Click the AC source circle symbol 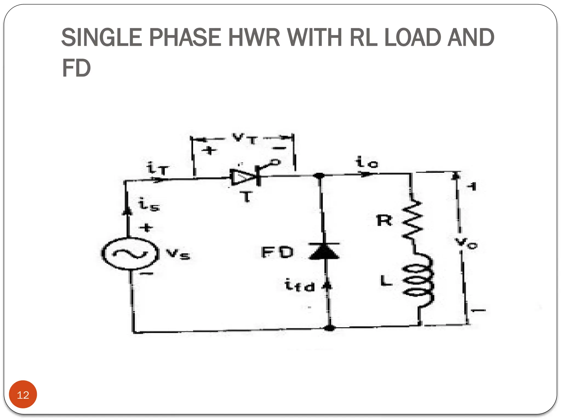(x=130, y=253)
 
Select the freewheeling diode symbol (x=324, y=251)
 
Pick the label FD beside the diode (x=277, y=252)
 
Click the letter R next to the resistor (x=384, y=220)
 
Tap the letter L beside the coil (x=386, y=281)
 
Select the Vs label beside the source (x=178, y=254)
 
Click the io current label (x=366, y=162)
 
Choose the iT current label (x=158, y=168)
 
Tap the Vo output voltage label (x=466, y=243)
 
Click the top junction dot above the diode (x=319, y=176)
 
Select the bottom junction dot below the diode (x=330, y=328)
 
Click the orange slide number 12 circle (x=23, y=395)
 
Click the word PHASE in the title (x=185, y=37)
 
